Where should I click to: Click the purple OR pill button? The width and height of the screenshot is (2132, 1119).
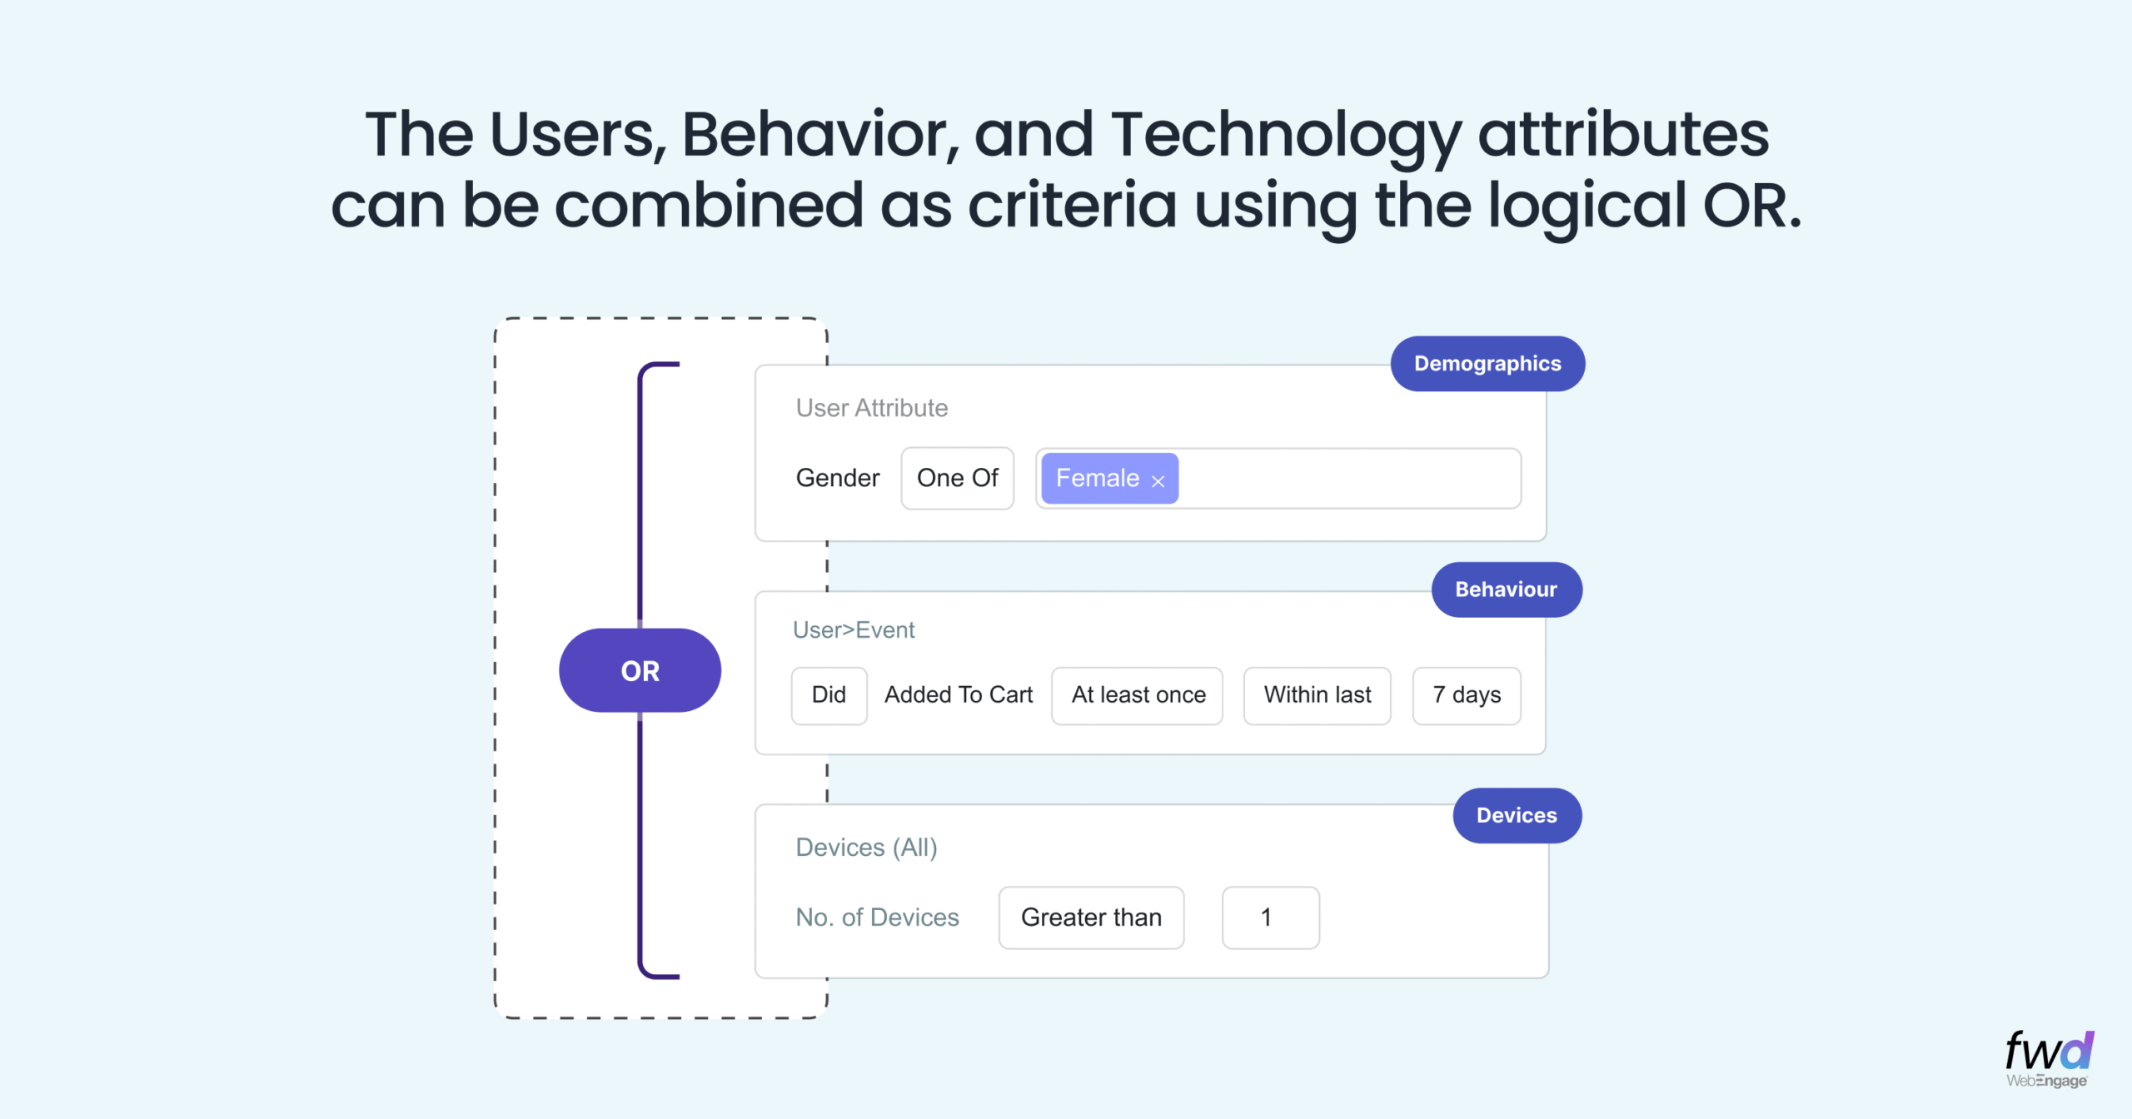point(640,670)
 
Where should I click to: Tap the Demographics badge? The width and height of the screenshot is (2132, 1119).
point(1487,364)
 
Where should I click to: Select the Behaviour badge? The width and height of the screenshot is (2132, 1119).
point(1507,589)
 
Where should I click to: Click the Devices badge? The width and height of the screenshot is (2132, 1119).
point(1517,815)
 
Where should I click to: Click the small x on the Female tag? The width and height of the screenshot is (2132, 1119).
point(1158,481)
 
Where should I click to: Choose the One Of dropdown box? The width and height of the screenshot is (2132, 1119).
point(957,478)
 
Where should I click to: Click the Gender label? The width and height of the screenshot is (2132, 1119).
point(838,478)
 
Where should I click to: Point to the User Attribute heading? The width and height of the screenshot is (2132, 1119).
point(872,408)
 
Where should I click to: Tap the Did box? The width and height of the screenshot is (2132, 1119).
point(829,695)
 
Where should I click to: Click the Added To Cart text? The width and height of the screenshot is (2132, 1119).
point(959,695)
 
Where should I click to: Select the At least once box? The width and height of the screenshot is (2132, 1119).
point(1138,695)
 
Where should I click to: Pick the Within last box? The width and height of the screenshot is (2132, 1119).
point(1318,695)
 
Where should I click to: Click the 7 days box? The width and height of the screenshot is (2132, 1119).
point(1467,695)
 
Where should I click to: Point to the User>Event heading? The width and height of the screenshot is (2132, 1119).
point(854,630)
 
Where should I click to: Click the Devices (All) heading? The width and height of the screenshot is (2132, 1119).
point(867,848)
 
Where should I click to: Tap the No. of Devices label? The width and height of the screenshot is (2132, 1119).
point(878,918)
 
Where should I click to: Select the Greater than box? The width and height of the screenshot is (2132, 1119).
point(1091,918)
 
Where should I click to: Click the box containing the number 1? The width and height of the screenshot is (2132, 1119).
point(1270,918)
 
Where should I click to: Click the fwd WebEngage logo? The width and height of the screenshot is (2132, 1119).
point(2049,1059)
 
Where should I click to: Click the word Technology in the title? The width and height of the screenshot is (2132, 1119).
point(1286,135)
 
